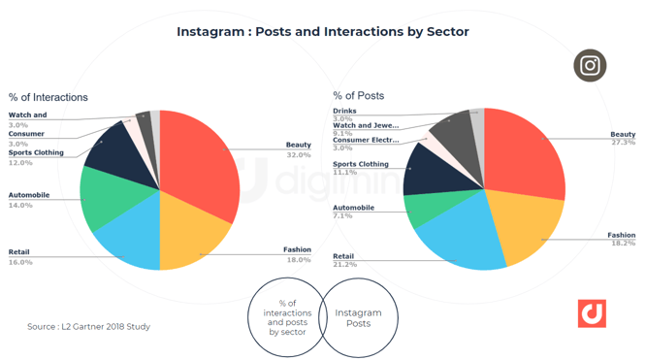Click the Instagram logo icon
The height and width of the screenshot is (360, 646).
(590, 66)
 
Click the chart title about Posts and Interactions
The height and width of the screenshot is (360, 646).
(322, 32)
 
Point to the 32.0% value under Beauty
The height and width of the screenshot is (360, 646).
(299, 155)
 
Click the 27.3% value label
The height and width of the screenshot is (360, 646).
(623, 143)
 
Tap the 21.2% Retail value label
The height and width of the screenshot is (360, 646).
(343, 264)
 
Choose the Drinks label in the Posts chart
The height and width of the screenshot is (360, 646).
(344, 111)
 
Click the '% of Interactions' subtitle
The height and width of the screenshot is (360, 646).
(48, 97)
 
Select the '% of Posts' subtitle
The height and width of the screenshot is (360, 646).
(359, 95)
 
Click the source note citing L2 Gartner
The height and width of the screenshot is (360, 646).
(88, 327)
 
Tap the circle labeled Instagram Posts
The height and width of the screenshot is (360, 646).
(359, 318)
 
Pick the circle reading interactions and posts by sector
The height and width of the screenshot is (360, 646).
(287, 318)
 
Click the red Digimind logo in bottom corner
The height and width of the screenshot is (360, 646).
(592, 313)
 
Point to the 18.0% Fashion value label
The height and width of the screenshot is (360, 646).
(299, 260)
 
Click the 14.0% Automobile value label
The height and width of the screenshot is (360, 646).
(20, 206)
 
